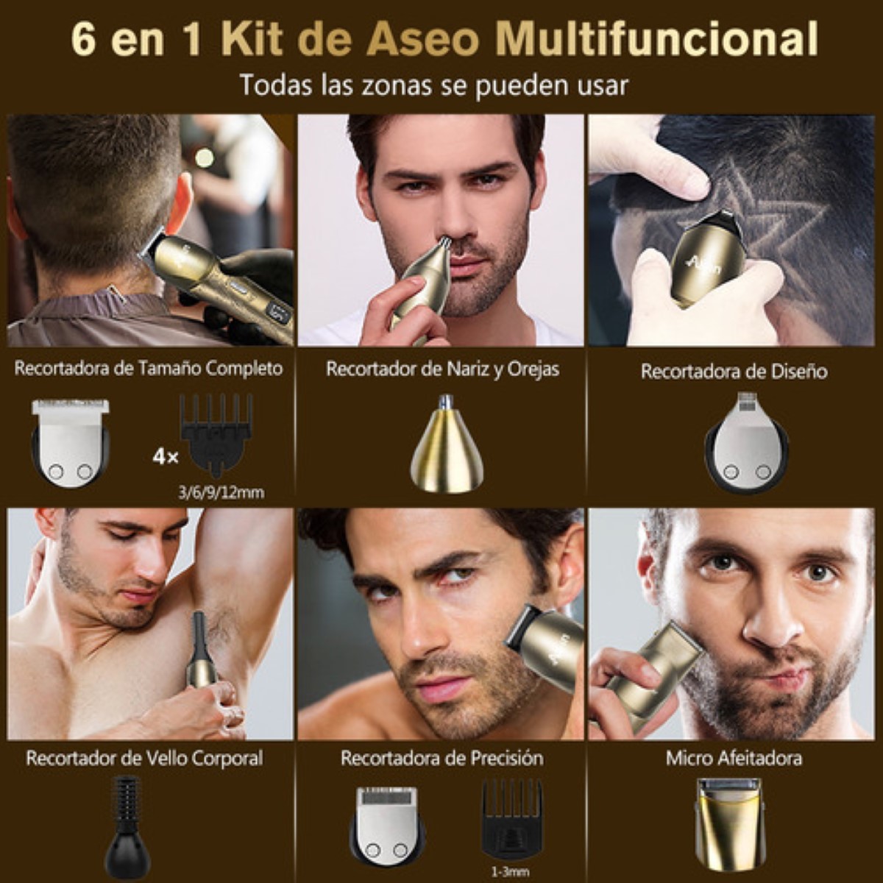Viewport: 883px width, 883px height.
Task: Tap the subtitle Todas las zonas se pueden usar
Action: (433, 85)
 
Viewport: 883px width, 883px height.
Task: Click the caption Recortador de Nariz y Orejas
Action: (442, 369)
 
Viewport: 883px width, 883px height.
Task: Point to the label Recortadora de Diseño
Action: (734, 372)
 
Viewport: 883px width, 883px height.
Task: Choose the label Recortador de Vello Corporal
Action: (144, 758)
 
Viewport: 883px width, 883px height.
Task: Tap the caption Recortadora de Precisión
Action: (441, 758)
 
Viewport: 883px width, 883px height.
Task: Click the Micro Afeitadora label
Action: (734, 758)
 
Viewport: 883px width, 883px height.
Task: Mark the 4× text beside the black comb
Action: (166, 457)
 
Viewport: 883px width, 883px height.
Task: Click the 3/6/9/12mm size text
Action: (221, 492)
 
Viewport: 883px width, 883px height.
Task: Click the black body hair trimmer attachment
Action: (127, 825)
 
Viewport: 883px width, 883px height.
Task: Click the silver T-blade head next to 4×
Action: (71, 441)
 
